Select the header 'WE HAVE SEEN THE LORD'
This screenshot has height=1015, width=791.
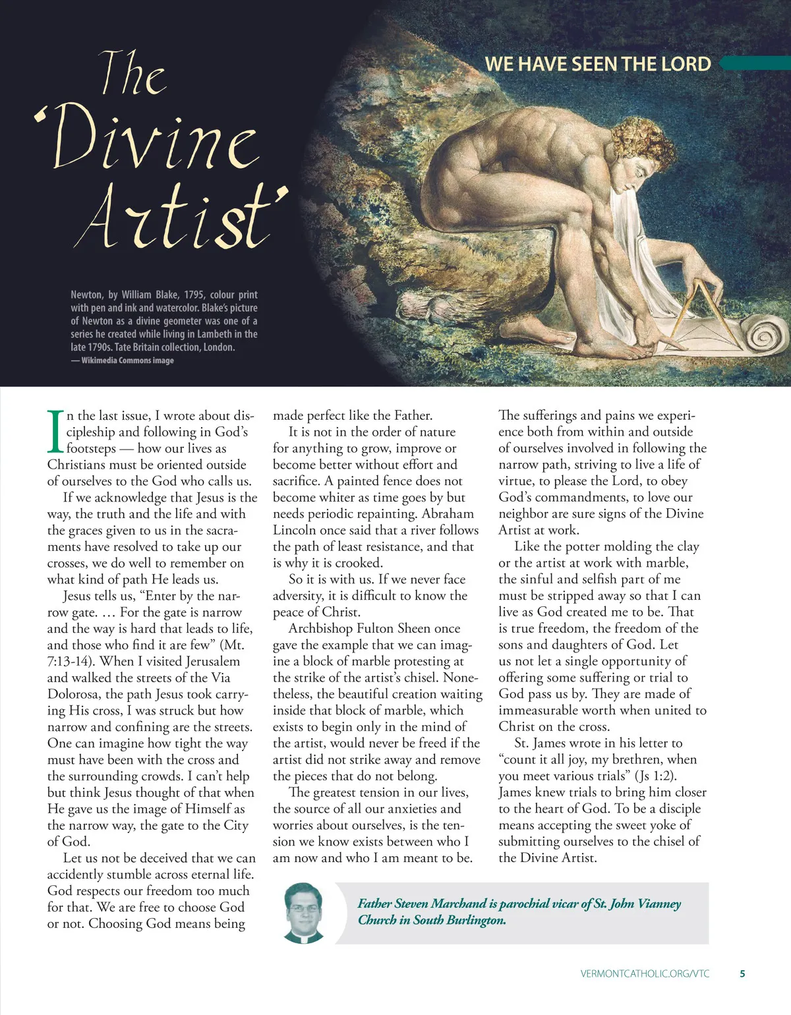pyautogui.click(x=598, y=64)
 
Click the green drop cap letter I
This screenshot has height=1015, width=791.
pyautogui.click(x=55, y=431)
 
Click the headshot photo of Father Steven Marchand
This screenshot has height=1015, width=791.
pyautogui.click(x=304, y=913)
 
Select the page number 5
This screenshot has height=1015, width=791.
pyautogui.click(x=742, y=973)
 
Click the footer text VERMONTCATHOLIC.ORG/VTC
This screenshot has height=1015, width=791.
pyautogui.click(x=645, y=973)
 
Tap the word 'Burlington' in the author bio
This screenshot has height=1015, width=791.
pyautogui.click(x=475, y=920)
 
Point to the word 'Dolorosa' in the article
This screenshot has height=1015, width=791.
pyautogui.click(x=74, y=694)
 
